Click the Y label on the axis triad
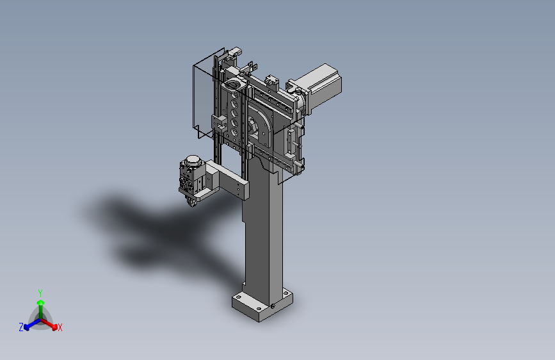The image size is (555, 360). click(40, 293)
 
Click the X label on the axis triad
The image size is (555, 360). click(60, 327)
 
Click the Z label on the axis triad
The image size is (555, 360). click(21, 327)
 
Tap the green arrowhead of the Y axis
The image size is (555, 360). click(41, 302)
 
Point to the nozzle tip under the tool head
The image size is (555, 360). click(192, 203)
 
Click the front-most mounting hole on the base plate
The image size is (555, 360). click(260, 309)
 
